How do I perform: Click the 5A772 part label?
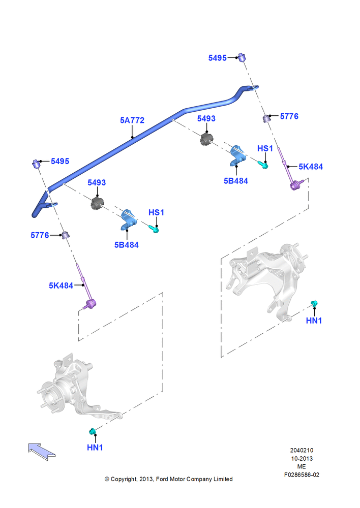(x=132, y=120)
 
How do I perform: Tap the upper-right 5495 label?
(x=217, y=58)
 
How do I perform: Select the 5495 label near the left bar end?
(x=60, y=161)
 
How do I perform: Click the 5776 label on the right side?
(x=289, y=116)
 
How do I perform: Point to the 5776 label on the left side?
(x=40, y=235)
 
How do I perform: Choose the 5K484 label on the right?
(x=311, y=167)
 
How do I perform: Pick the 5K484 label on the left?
(x=61, y=285)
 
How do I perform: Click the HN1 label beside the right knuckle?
(x=314, y=321)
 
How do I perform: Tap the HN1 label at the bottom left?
(x=95, y=448)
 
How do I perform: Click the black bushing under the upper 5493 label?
(x=205, y=139)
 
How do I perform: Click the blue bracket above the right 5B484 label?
(x=237, y=155)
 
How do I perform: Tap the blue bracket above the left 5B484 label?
(x=129, y=219)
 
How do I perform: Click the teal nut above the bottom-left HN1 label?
(x=93, y=431)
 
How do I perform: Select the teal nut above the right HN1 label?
(x=314, y=303)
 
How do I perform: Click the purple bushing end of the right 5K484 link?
(x=294, y=186)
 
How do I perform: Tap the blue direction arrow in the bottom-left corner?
(x=42, y=451)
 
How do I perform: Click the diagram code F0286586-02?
(x=302, y=474)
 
